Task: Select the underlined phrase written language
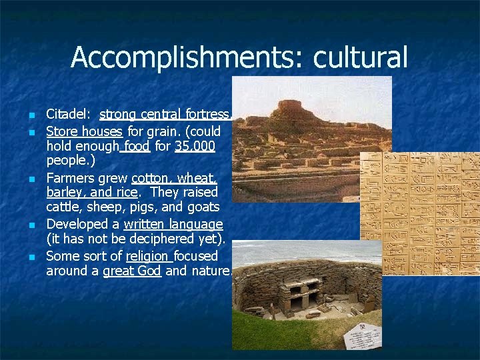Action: [173, 224]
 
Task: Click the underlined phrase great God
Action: [132, 271]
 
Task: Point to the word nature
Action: [211, 271]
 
